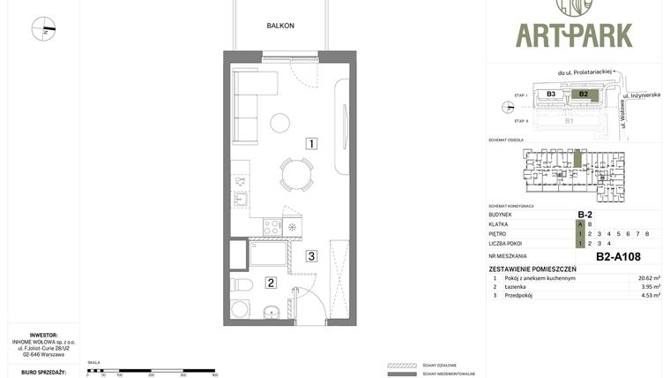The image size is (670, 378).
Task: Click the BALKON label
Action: click(280, 26)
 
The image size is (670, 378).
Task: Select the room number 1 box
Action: click(311, 143)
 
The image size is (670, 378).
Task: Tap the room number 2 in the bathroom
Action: click(271, 283)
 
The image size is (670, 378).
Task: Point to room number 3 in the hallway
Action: click(311, 257)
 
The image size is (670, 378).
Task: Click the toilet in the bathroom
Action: click(242, 284)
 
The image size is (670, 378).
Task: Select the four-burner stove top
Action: click(272, 228)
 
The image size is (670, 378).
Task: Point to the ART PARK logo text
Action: click(574, 35)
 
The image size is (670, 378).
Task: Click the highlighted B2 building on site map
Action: click(583, 94)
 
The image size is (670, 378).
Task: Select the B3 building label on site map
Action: click(551, 94)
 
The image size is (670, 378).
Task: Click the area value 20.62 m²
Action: click(649, 277)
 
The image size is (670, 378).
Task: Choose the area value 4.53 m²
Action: click(651, 296)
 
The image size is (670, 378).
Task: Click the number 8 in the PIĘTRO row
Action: click(647, 233)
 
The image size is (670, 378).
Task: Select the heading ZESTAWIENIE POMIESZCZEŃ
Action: click(532, 268)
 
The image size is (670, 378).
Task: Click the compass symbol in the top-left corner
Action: click(43, 29)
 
